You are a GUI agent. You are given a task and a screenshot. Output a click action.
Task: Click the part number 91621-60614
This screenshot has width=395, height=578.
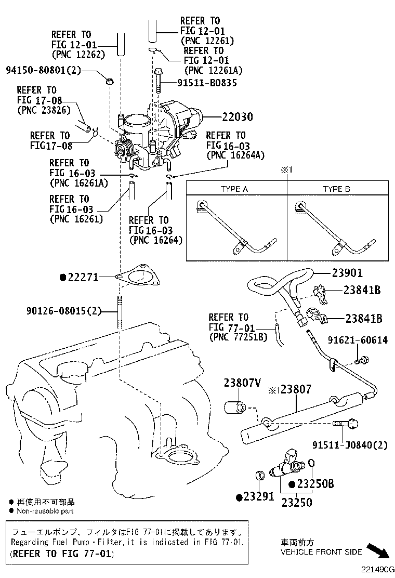click(x=357, y=340)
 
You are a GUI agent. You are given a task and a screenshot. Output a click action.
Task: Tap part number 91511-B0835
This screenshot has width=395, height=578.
click(x=200, y=82)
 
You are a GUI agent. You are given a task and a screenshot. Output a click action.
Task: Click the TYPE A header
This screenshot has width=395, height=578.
click(x=234, y=189)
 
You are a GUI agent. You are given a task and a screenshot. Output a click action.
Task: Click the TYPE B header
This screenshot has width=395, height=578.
click(x=336, y=189)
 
